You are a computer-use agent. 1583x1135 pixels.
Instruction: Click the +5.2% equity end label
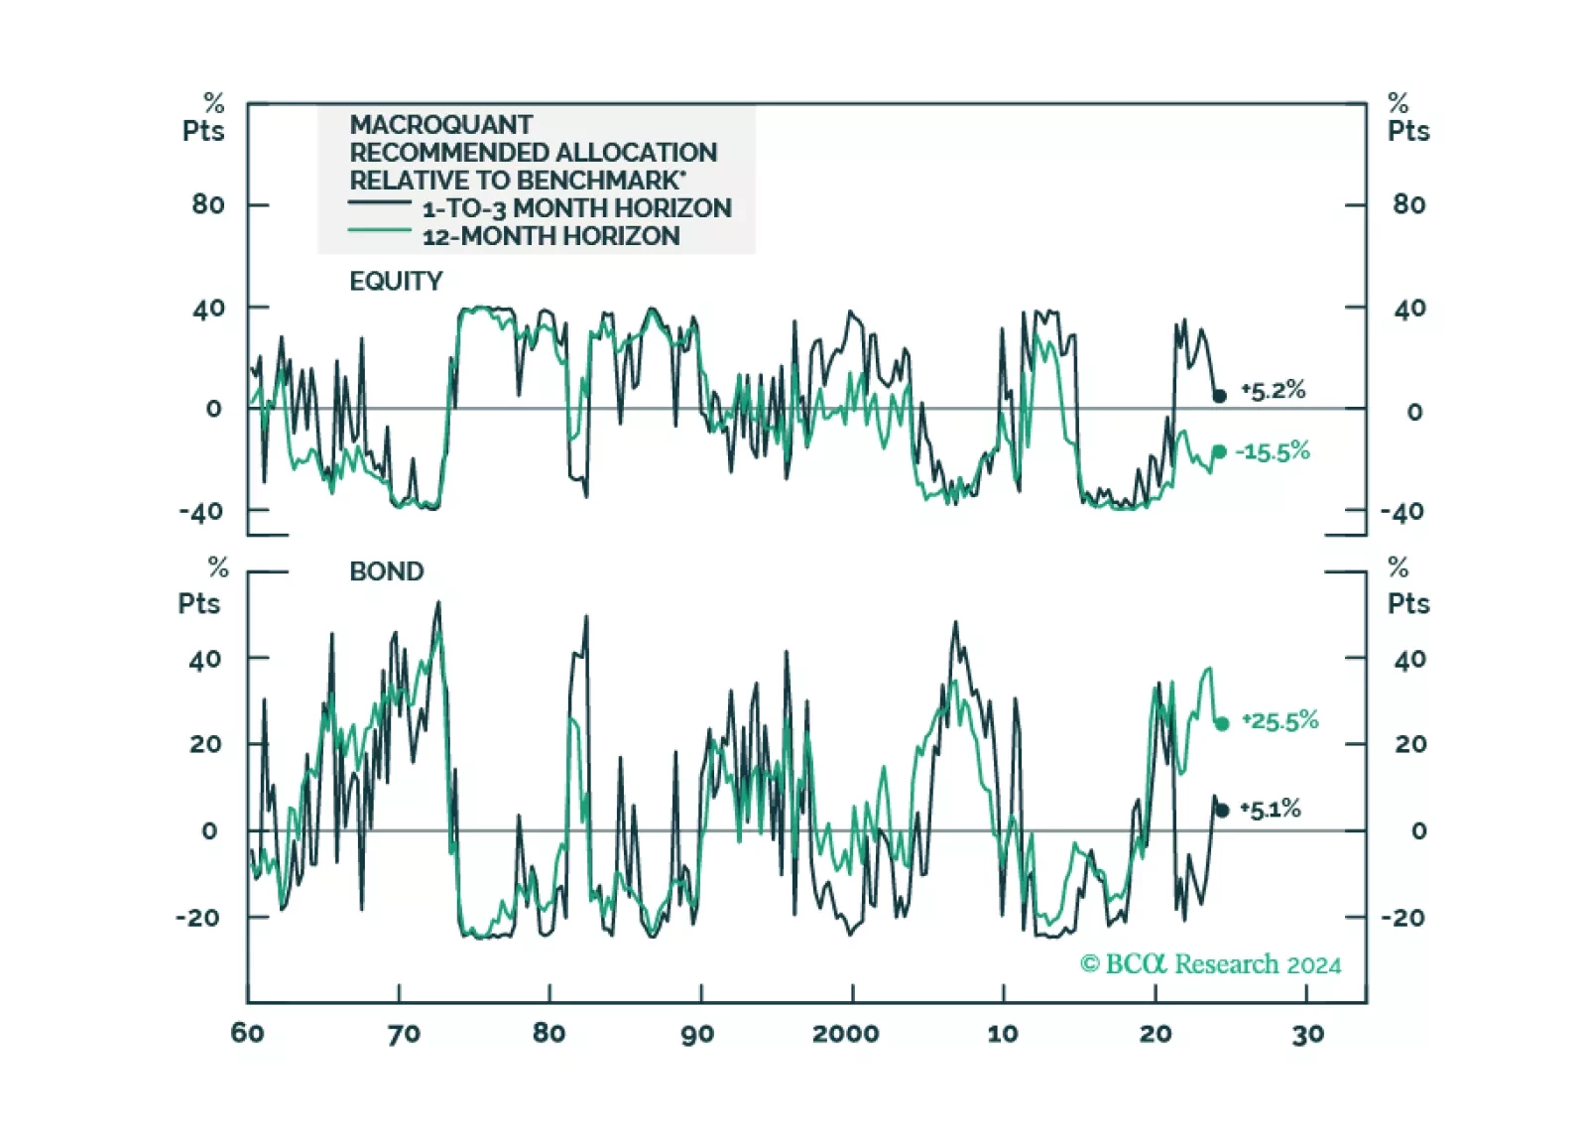1274,391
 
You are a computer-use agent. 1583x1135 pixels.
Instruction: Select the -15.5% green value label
1273,452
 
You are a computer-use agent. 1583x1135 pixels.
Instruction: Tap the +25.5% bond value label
1280,721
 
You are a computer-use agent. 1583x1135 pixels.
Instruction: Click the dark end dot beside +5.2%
1220,396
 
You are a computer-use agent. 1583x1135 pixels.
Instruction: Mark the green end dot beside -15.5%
1219,452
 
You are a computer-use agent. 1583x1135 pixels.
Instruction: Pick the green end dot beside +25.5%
1222,724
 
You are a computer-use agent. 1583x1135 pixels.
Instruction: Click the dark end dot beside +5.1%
1222,811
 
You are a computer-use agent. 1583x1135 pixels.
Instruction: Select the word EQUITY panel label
396,282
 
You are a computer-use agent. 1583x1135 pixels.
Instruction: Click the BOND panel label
387,571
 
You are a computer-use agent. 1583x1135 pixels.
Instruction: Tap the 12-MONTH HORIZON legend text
550,236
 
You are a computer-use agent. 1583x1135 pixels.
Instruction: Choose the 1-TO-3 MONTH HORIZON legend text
576,208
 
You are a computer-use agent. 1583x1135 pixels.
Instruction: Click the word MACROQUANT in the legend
440,125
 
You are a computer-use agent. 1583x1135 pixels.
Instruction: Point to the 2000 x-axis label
845,1034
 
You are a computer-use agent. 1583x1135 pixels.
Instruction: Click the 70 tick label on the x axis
404,1034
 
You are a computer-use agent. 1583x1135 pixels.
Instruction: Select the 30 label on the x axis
1308,1034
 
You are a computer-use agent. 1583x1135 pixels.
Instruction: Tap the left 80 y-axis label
208,204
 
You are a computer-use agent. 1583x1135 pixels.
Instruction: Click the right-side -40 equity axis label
1402,512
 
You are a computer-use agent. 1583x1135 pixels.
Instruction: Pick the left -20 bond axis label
197,918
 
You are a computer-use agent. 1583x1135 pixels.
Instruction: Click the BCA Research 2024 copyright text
1210,964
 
